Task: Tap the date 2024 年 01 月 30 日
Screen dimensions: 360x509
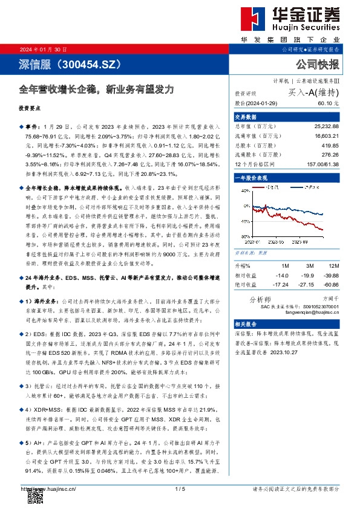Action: [44, 49]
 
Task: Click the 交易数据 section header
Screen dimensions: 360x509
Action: [246, 117]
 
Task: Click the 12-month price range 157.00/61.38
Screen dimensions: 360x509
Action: [321, 164]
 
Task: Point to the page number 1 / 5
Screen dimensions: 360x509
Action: [179, 488]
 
